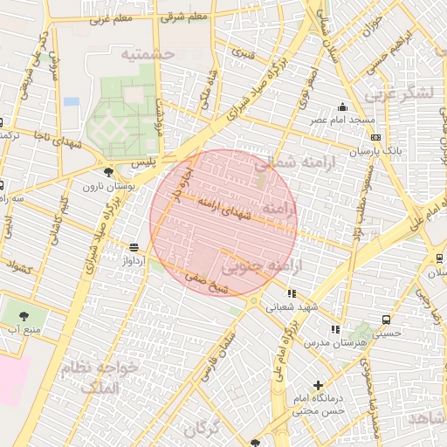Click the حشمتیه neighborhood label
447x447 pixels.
click(148, 54)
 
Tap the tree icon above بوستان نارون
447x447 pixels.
click(107, 172)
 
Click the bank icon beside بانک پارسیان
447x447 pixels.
click(375, 137)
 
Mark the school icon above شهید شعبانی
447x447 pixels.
click(291, 293)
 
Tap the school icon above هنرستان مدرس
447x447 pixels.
click(334, 329)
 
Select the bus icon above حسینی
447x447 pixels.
click(385, 320)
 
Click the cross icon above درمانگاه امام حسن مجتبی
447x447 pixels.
click(317, 385)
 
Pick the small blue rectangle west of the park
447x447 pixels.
click(71, 101)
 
